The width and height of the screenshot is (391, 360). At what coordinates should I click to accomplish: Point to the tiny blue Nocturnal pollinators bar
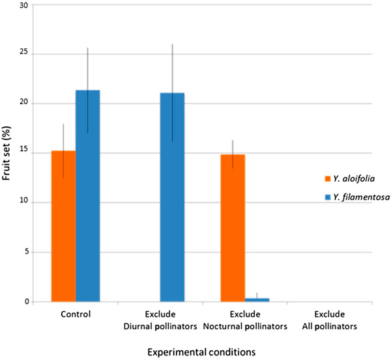(257, 299)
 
